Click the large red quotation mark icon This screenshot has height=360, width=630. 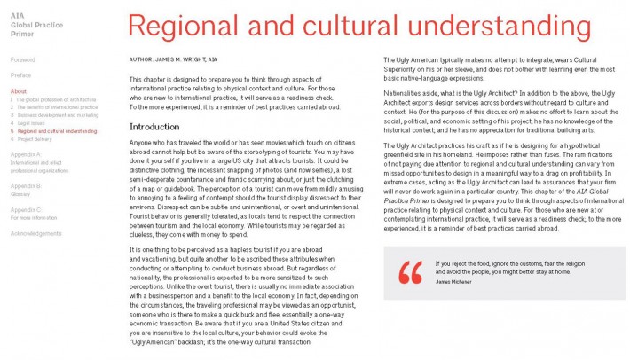(410, 272)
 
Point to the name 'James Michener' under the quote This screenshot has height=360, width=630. (454, 281)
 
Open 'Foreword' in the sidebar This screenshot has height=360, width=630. (23, 59)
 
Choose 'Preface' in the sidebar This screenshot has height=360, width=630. (21, 75)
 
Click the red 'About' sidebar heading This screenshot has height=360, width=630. (19, 91)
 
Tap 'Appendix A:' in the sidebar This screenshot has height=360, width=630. (26, 153)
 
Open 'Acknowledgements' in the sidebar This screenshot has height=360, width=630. (36, 233)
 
